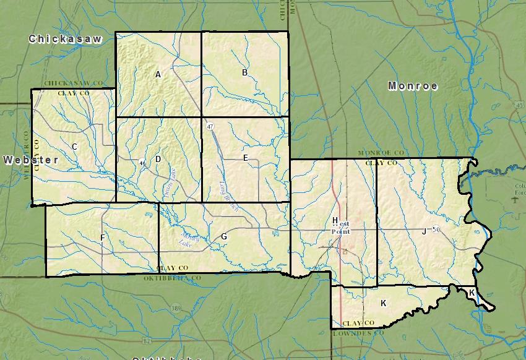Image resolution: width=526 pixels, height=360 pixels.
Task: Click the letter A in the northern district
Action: click(x=158, y=74)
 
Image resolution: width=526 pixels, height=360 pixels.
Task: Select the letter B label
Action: click(x=244, y=72)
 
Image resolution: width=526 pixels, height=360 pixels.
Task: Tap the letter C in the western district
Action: click(x=74, y=147)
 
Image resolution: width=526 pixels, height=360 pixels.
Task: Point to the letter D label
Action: click(x=158, y=159)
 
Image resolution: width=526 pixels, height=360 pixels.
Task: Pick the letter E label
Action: click(x=245, y=158)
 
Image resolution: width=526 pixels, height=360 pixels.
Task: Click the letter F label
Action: click(x=102, y=238)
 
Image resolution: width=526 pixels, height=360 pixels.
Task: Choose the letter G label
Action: click(x=224, y=236)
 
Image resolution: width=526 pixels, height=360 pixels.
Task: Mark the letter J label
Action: click(x=424, y=231)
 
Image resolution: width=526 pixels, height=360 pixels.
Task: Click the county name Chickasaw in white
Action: click(x=64, y=39)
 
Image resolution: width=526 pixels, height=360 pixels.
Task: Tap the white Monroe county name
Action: click(x=413, y=86)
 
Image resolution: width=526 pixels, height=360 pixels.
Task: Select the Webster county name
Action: click(x=31, y=160)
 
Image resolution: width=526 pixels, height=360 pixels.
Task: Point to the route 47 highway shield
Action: click(x=210, y=126)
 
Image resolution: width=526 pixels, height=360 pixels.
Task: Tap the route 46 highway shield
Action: click(x=142, y=163)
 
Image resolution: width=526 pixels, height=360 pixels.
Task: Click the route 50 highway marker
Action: click(x=435, y=230)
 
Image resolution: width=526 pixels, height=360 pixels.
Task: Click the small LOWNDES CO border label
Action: click(x=358, y=333)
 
